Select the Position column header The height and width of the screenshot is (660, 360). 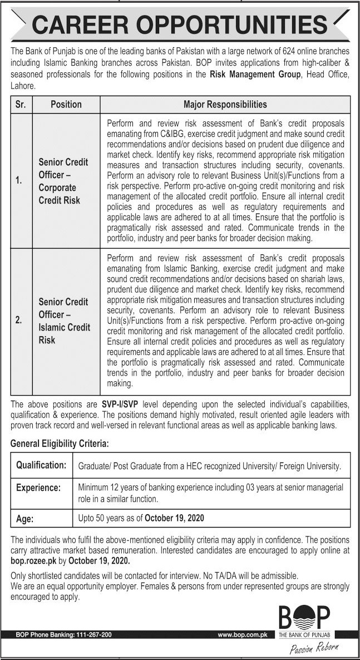coord(66,104)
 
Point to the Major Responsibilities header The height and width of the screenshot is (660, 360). coord(225,104)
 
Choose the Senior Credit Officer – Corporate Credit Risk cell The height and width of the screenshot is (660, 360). coord(63,181)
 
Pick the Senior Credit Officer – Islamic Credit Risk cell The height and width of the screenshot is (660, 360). coord(63,321)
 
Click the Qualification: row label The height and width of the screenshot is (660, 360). coord(41,465)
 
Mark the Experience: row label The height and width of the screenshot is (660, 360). coord(38,487)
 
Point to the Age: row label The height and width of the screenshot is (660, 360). coord(25,518)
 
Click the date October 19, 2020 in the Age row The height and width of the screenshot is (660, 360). coord(174,518)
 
